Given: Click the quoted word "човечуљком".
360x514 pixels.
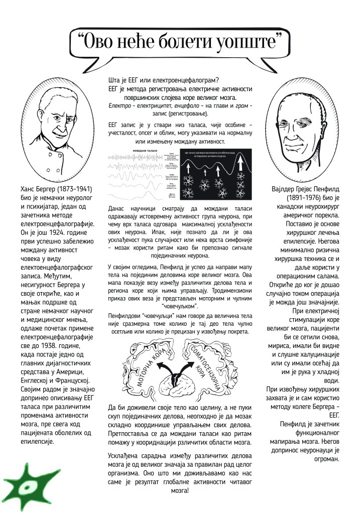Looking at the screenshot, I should (x=180, y=306).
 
